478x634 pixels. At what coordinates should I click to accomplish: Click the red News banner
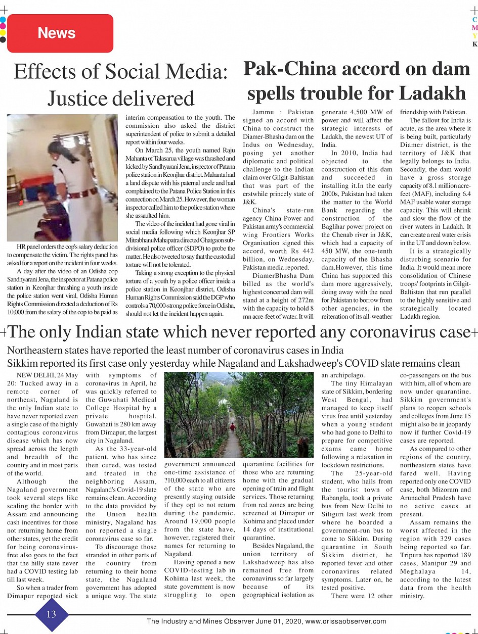[x=60, y=33]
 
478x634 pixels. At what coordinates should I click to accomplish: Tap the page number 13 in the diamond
[x=52, y=614]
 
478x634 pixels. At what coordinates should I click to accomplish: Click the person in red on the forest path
[x=233, y=427]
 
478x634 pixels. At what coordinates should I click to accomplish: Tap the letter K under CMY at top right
[x=474, y=44]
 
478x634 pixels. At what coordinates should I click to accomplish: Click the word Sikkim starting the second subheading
[x=22, y=363]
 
